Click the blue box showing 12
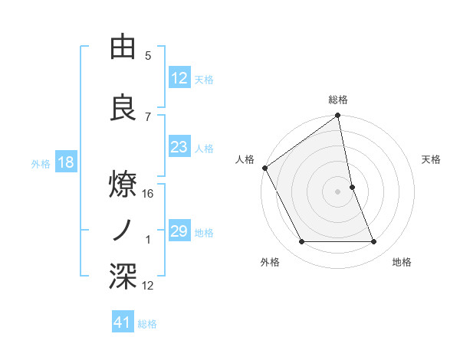coord(179,78)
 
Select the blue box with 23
coord(179,147)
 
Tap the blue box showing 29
coord(179,231)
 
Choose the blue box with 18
coord(66,162)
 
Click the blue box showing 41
coord(123,323)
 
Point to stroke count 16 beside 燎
coord(148,194)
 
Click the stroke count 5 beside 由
coord(148,56)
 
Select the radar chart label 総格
coord(338,100)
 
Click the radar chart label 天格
coord(432,159)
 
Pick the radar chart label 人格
coord(245,159)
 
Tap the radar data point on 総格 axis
coord(338,116)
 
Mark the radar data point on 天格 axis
coord(352,186)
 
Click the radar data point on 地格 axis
coord(374,242)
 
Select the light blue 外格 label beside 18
coord(41,163)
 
